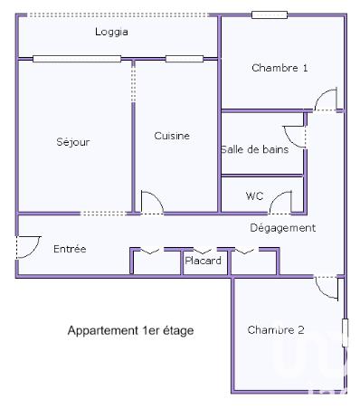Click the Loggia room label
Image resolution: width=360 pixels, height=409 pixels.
(x=111, y=32)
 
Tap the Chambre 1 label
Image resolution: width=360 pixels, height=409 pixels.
(x=279, y=68)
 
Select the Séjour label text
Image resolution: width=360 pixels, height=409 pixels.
(x=73, y=142)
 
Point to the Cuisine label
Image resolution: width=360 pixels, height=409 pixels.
(x=172, y=136)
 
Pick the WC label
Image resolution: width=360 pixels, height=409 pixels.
(x=255, y=195)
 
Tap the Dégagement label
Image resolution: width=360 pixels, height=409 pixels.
(x=282, y=228)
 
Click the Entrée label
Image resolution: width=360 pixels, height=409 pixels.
(x=70, y=248)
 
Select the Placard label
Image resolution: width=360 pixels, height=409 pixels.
(x=204, y=262)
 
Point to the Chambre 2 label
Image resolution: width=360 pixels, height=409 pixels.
(x=276, y=329)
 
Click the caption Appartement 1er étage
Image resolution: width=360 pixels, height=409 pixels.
(x=130, y=330)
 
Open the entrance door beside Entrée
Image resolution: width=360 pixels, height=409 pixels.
(x=28, y=246)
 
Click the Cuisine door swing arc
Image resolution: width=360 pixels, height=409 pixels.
(x=152, y=203)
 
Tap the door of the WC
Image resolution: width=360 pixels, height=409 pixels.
(x=282, y=203)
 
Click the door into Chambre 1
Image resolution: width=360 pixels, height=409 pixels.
(x=327, y=99)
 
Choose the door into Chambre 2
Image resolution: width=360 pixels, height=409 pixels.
(x=328, y=288)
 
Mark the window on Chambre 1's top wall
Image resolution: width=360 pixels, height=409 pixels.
(x=270, y=14)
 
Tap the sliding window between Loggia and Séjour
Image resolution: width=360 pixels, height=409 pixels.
(x=77, y=59)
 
